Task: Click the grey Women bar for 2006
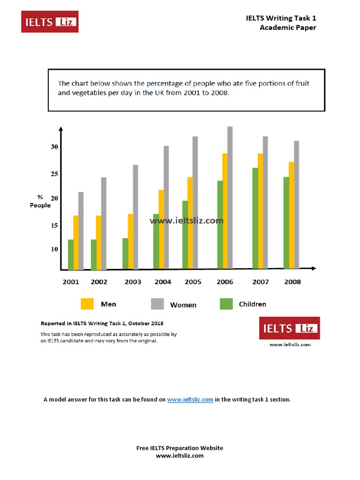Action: [x=230, y=197]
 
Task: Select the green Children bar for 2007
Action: [x=255, y=218]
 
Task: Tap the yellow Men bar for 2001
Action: [x=76, y=242]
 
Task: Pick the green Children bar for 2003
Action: [x=125, y=254]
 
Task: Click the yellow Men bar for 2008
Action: [x=291, y=215]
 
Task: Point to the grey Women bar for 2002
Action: [x=104, y=223]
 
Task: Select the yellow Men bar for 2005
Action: [x=190, y=223]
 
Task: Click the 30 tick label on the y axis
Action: [x=55, y=147]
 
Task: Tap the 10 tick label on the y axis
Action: [x=55, y=249]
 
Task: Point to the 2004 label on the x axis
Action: [x=163, y=282]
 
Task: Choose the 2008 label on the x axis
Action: [x=292, y=282]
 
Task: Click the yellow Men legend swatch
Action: [x=87, y=304]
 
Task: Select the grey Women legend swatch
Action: [x=157, y=304]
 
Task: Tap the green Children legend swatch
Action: [x=226, y=304]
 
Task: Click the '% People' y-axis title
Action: [x=40, y=201]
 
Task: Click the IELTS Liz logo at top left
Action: [x=50, y=22]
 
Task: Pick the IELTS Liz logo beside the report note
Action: [x=289, y=328]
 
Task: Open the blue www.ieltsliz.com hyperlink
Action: [x=190, y=399]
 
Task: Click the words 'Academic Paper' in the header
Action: [x=288, y=28]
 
